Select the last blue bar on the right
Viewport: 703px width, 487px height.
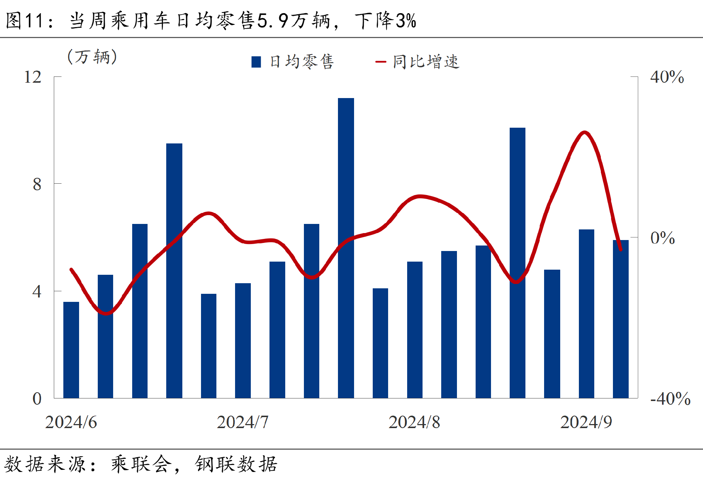tap(621, 319)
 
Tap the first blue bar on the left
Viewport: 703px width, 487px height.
tap(71, 349)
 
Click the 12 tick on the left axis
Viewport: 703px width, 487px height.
tap(33, 77)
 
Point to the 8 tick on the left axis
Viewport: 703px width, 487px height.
tap(37, 184)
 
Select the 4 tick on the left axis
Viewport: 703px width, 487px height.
tap(37, 292)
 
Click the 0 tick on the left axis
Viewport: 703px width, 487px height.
tap(37, 398)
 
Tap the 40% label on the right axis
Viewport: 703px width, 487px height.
tap(667, 77)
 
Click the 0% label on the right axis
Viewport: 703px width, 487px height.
tap(662, 238)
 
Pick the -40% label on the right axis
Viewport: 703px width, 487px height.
tap(670, 398)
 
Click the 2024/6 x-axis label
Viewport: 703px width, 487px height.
tap(71, 422)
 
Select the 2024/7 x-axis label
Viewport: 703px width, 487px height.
tap(242, 422)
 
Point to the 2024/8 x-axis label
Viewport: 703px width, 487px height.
tap(414, 422)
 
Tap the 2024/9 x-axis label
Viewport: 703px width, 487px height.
tap(586, 422)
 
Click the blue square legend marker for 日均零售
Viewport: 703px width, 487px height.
tap(256, 62)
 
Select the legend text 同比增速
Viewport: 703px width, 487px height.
tap(426, 62)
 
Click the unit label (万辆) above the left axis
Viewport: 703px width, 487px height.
tap(92, 57)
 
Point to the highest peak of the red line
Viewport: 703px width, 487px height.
tap(585, 132)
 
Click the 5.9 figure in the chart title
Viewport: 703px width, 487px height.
tap(273, 20)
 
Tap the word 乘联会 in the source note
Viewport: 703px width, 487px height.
tap(141, 464)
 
